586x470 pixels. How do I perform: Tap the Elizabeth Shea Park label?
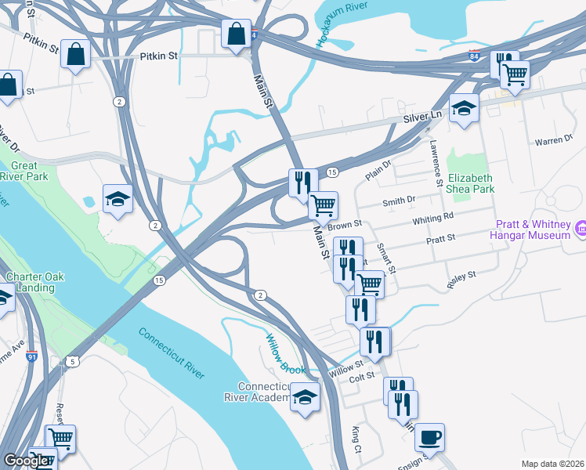coord(470,183)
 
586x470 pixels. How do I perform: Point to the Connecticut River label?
coord(172,353)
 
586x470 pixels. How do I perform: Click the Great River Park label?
coord(24,171)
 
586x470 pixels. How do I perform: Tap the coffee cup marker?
coord(429,437)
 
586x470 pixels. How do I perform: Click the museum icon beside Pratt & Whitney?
coord(581,228)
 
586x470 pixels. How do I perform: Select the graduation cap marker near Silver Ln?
coord(464,108)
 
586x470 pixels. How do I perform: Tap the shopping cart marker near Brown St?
coord(323,206)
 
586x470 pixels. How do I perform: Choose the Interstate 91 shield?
coord(32,358)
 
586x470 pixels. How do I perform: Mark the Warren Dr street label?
coord(554,140)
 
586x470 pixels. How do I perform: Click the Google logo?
coord(26,461)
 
